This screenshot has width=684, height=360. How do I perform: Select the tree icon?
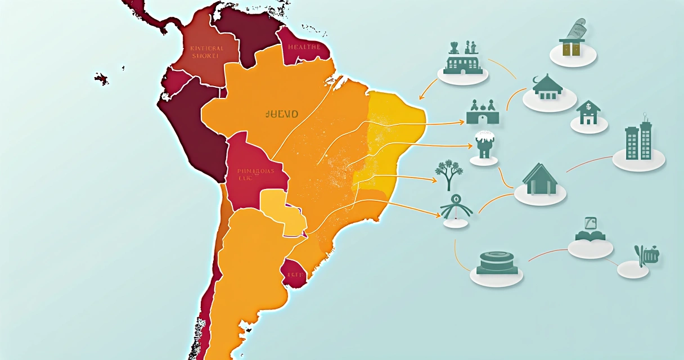(448, 175)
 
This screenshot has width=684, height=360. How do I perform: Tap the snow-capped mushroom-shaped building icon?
(484, 144)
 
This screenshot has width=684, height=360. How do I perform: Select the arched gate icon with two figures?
(483, 112)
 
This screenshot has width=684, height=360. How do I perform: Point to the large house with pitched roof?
(539, 179)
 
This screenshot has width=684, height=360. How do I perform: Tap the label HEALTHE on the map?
(304, 47)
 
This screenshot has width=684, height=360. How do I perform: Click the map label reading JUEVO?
(281, 114)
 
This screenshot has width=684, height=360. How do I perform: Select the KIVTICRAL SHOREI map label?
(207, 52)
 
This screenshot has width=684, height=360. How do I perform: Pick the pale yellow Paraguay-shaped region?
(281, 210)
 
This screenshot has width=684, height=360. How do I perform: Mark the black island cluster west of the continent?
(102, 78)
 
